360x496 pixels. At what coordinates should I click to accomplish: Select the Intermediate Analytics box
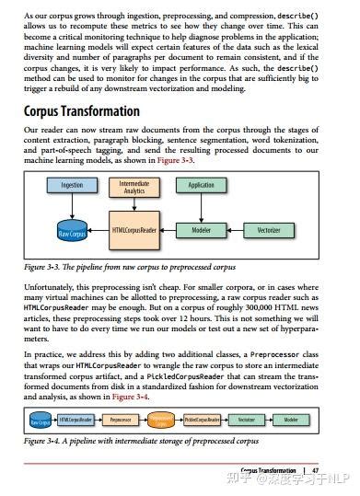pos(134,188)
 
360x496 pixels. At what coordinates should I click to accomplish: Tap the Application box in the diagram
pos(201,185)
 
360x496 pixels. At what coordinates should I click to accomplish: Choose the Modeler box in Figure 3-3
pos(201,229)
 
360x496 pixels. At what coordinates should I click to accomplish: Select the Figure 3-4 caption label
pos(42,442)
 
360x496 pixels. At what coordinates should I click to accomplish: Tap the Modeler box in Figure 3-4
pos(291,420)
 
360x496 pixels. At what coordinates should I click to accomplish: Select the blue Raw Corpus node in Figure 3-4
pos(39,421)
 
